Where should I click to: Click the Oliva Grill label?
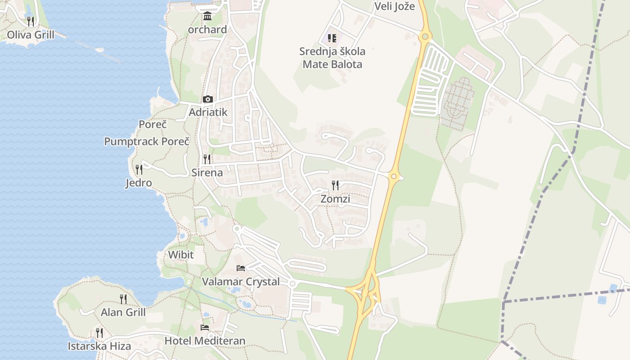pos(31,35)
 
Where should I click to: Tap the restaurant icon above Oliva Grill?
pos(31,21)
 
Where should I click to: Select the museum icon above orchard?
pos(207,16)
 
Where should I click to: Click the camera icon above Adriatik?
pos(207,99)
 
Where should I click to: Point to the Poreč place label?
pos(153,124)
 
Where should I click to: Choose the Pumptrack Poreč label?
pos(147,141)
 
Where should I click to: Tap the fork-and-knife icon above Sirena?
pos(207,159)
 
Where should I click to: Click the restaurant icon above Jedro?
pos(139,169)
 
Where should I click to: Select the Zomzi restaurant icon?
pos(335,185)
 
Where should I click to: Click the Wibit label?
pos(181,255)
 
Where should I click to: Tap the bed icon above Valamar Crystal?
pos(241,268)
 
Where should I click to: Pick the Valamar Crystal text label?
pos(241,282)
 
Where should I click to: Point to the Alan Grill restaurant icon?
pos(123,299)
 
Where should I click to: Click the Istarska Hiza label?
pos(99,346)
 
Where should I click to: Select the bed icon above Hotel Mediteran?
pos(205,327)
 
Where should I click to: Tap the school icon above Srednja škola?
pos(332,38)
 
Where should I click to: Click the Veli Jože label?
pos(395,6)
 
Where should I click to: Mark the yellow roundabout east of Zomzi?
pos(394,176)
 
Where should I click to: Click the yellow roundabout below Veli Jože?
pos(424,36)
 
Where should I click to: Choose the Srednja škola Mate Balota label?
pos(332,58)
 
